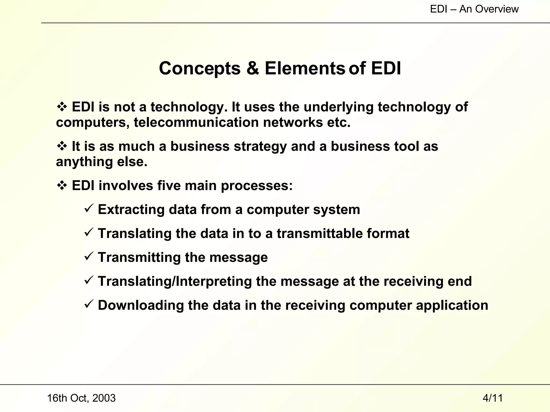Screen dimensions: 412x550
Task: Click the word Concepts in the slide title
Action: coord(200,68)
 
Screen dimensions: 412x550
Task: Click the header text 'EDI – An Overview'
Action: coord(474,9)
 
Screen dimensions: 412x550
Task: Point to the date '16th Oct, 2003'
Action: coord(81,398)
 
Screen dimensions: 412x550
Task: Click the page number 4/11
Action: coord(493,398)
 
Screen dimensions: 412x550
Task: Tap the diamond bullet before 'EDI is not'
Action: coord(62,107)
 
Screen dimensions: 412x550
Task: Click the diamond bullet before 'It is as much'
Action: coord(62,146)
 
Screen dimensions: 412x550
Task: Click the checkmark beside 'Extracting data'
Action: coord(89,208)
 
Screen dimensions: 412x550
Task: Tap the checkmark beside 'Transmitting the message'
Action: coord(89,256)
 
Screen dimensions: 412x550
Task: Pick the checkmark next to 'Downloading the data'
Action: coord(89,304)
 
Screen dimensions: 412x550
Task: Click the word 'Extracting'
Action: coord(131,209)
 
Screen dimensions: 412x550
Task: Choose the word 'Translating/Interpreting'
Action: coord(175,281)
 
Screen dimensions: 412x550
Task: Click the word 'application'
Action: coord(452,306)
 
